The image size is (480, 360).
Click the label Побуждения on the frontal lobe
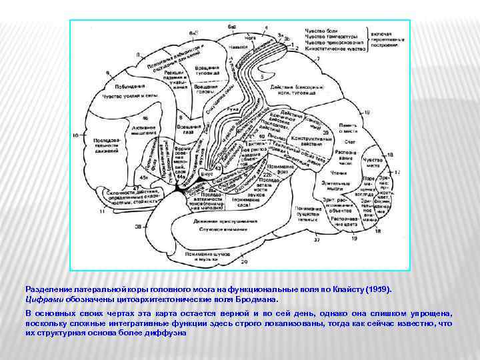pos(129,86)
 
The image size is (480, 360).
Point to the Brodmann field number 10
pos(75,135)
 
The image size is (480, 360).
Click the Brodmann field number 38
pos(138,227)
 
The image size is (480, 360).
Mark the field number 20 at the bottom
pos(244,262)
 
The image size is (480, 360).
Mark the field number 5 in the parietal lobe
pos(262,77)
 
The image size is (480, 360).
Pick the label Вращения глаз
pos(191,129)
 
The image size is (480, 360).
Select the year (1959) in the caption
pos(379,290)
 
